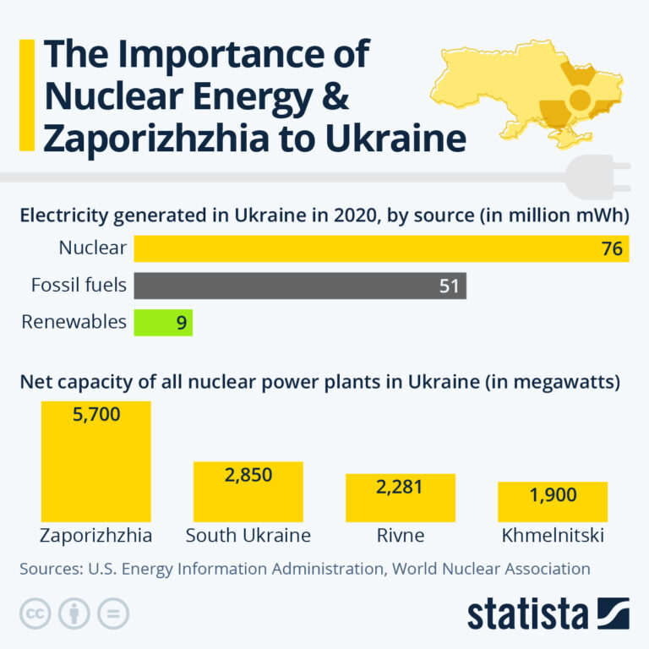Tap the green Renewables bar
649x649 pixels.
[x=162, y=322]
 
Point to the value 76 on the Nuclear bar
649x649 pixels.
[x=612, y=248]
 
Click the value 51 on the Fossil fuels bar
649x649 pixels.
[x=449, y=286]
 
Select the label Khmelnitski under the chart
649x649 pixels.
[x=553, y=536]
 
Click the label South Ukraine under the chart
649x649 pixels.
[x=248, y=536]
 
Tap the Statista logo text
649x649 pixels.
[x=528, y=614]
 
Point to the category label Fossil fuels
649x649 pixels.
[x=79, y=286]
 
